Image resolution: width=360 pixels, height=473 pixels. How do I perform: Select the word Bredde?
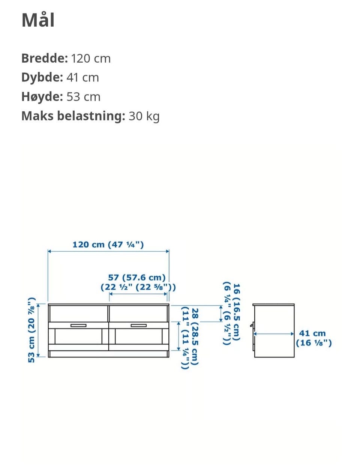click(45, 58)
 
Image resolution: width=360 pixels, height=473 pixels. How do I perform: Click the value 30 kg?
click(144, 116)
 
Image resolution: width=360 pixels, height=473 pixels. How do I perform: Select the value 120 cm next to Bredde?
click(91, 59)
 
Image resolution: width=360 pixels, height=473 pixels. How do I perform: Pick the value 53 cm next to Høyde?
click(83, 97)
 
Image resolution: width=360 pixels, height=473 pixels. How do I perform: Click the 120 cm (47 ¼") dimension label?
click(108, 245)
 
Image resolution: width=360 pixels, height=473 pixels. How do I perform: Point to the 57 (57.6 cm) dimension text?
click(137, 277)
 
